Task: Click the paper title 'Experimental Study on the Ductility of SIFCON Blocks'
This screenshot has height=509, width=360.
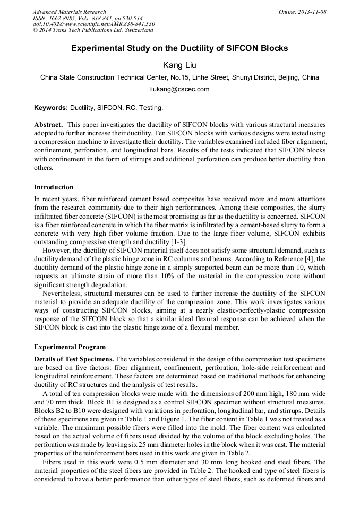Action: click(x=180, y=48)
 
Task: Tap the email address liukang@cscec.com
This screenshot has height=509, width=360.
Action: click(x=180, y=89)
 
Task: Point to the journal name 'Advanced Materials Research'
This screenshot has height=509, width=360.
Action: click(x=70, y=12)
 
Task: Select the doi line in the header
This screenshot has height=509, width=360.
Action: click(x=93, y=24)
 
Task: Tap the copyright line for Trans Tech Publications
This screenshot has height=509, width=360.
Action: click(x=93, y=30)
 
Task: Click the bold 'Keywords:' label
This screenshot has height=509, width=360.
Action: click(x=51, y=108)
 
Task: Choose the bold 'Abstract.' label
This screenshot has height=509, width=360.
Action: click(x=49, y=124)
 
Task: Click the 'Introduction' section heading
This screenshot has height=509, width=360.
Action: click(x=54, y=187)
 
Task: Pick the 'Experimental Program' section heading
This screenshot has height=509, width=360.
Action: click(x=70, y=347)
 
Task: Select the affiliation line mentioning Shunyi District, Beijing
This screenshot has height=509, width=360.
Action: click(x=180, y=77)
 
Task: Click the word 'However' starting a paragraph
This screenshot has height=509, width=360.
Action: click(x=57, y=250)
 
